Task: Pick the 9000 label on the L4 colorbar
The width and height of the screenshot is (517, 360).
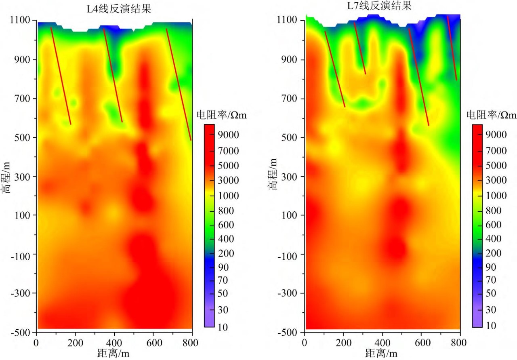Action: (x=229, y=135)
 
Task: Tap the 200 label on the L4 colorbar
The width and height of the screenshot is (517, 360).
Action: (x=229, y=253)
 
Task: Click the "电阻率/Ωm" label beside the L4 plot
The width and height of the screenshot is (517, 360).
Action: (x=221, y=115)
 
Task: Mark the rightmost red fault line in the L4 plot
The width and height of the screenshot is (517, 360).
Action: (x=179, y=84)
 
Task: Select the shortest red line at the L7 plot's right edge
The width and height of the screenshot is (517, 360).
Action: (x=452, y=48)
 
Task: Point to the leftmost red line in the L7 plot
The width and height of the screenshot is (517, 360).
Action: (x=335, y=69)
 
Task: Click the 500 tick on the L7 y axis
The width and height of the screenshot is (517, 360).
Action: (x=290, y=137)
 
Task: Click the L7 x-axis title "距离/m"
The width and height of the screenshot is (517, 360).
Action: (x=382, y=354)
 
